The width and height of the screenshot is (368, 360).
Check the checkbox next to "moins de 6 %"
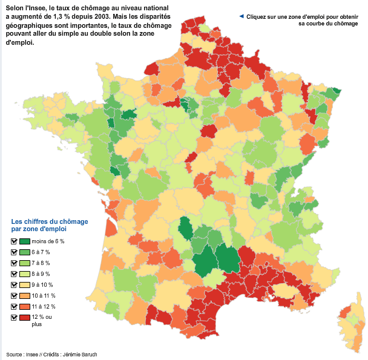pyautogui.click(x=13, y=241)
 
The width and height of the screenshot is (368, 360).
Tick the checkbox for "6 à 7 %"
pyautogui.click(x=13, y=252)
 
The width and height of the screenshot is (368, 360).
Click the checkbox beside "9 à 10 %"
pyautogui.click(x=13, y=284)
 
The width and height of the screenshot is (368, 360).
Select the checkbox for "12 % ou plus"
pyautogui.click(x=13, y=317)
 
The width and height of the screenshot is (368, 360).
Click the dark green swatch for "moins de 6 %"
pyautogui.click(x=24, y=241)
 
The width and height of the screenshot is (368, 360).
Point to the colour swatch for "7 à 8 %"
pyautogui.click(x=24, y=263)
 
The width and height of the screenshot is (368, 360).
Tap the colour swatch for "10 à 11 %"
pyautogui.click(x=24, y=295)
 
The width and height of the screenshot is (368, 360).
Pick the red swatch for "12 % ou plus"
pyautogui.click(x=24, y=317)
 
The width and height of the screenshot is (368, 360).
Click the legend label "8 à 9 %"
pyautogui.click(x=41, y=274)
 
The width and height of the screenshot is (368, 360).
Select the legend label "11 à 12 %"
pyautogui.click(x=44, y=306)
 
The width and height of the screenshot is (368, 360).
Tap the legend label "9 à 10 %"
pyautogui.click(x=42, y=285)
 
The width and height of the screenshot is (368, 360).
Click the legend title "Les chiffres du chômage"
pyautogui.click(x=44, y=221)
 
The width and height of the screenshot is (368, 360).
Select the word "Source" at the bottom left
pyautogui.click(x=15, y=355)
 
